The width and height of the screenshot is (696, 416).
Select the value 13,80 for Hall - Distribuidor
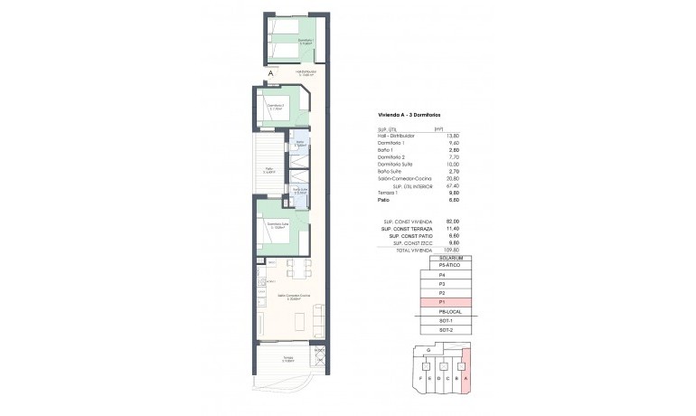440,135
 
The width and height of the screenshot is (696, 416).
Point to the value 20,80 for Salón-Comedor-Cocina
440,178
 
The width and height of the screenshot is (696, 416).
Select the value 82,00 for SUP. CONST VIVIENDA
440,222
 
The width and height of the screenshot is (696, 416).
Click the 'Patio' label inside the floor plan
269,169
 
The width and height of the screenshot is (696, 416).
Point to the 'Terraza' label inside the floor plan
287,359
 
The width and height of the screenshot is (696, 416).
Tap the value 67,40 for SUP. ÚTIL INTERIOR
440,185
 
